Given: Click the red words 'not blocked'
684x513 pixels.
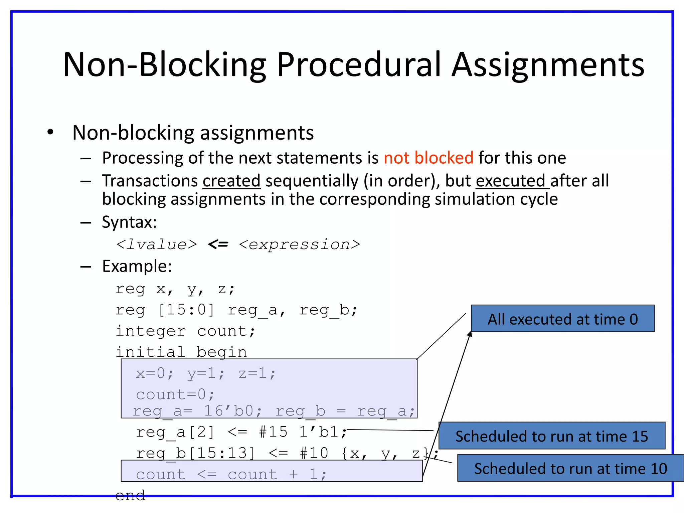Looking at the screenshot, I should (x=429, y=158).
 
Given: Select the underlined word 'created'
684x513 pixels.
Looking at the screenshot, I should (x=231, y=181).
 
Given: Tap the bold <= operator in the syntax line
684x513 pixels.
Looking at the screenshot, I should (x=218, y=244).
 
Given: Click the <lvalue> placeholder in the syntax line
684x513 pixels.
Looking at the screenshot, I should (x=156, y=244).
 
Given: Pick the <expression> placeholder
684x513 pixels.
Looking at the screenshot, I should (x=300, y=244).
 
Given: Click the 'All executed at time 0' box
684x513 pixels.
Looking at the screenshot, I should (x=562, y=319).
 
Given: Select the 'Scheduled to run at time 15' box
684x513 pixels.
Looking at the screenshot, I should (x=552, y=436).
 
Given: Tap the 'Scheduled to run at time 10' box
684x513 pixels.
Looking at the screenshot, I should (x=570, y=468).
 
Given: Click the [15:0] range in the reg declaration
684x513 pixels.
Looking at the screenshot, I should (x=186, y=310).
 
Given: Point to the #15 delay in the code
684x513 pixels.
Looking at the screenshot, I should (x=273, y=432).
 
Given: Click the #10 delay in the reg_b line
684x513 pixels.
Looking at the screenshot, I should (x=314, y=453).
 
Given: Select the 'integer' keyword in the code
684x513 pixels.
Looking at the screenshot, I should (x=151, y=331).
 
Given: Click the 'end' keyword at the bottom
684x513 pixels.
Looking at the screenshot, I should (x=130, y=495).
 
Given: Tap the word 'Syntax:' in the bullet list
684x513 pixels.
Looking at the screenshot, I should (x=129, y=222).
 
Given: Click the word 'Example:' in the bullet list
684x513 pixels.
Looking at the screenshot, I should (x=137, y=266).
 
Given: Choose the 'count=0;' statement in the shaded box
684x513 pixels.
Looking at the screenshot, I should (x=175, y=394).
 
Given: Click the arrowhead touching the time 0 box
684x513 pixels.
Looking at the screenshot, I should (x=470, y=334).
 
